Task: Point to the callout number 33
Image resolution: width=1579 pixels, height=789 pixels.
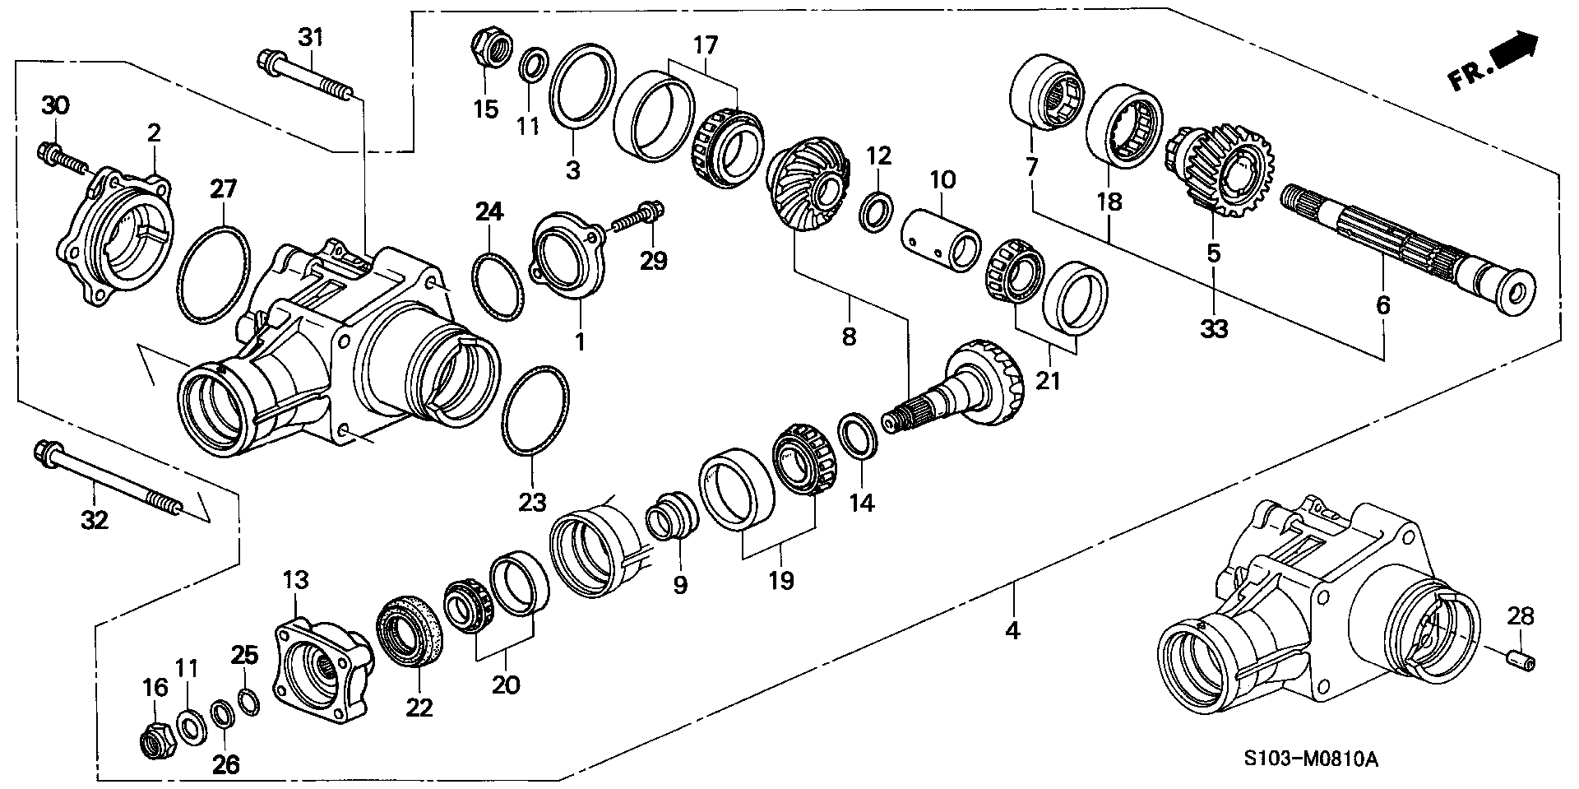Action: click(1214, 329)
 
